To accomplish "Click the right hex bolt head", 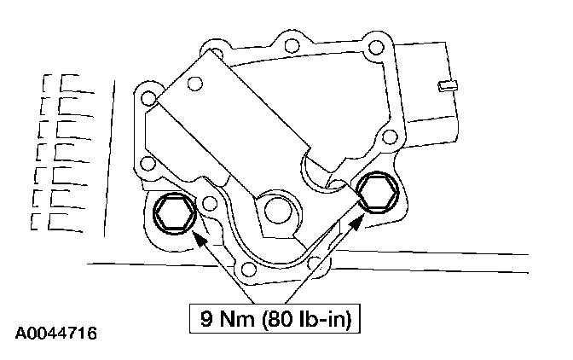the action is coord(377,192).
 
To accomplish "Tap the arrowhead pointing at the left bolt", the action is coord(200,240).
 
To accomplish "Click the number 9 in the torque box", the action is coord(207,319).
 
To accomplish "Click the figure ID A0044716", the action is coord(56,334).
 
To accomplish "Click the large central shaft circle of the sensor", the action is coord(278,211).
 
